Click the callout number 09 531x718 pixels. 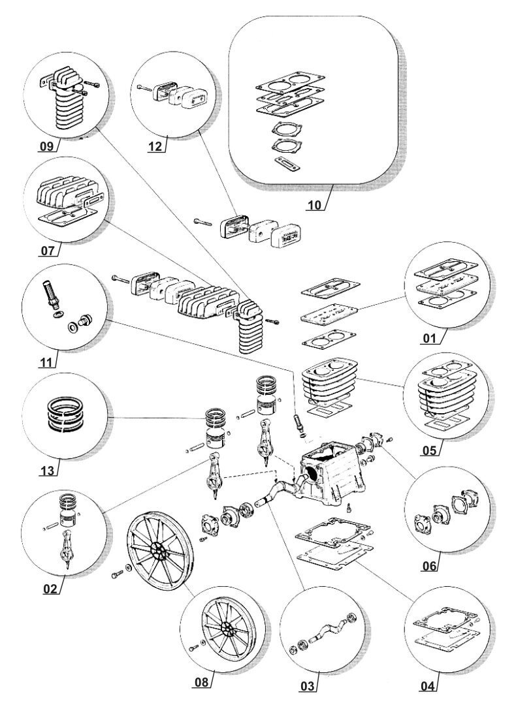46,146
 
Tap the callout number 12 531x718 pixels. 155,146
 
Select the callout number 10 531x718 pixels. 315,205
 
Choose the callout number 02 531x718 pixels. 50,588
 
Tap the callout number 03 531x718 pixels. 307,686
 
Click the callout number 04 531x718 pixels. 427,686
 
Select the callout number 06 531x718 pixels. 428,565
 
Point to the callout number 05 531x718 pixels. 430,450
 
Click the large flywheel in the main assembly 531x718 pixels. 157,548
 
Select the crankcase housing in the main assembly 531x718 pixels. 329,480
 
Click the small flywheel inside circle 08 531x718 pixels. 225,630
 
